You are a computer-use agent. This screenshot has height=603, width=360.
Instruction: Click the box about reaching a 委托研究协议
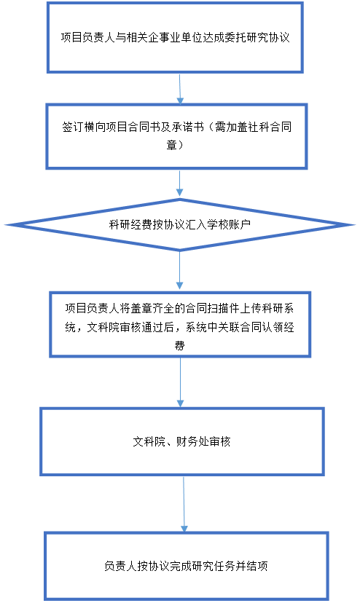point(175,37)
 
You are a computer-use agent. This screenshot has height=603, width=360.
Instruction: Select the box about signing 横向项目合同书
point(177,136)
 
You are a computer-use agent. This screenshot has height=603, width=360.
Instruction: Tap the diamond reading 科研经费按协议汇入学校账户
point(179,224)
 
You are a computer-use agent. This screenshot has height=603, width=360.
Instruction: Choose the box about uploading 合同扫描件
point(180,325)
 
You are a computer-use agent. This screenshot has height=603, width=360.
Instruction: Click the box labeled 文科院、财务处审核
point(182,441)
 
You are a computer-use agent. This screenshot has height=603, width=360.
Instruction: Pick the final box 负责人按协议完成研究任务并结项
point(187,566)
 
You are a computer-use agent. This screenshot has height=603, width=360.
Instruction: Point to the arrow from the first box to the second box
point(180,88)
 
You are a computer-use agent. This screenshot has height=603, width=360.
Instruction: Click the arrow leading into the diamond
point(179,183)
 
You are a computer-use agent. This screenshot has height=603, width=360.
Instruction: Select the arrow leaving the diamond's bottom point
point(179,271)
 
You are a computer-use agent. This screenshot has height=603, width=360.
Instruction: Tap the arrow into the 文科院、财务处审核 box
point(180,382)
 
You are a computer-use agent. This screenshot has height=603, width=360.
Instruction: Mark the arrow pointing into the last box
point(184,505)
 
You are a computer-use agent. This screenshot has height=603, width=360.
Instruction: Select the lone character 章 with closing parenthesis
point(175,146)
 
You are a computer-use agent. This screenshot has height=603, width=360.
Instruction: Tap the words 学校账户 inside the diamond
point(230,224)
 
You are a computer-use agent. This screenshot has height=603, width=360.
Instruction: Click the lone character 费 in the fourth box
point(179,345)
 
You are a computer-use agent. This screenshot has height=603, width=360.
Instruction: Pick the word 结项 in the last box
point(257,566)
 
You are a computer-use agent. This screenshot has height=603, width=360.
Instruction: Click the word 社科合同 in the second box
point(270,127)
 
